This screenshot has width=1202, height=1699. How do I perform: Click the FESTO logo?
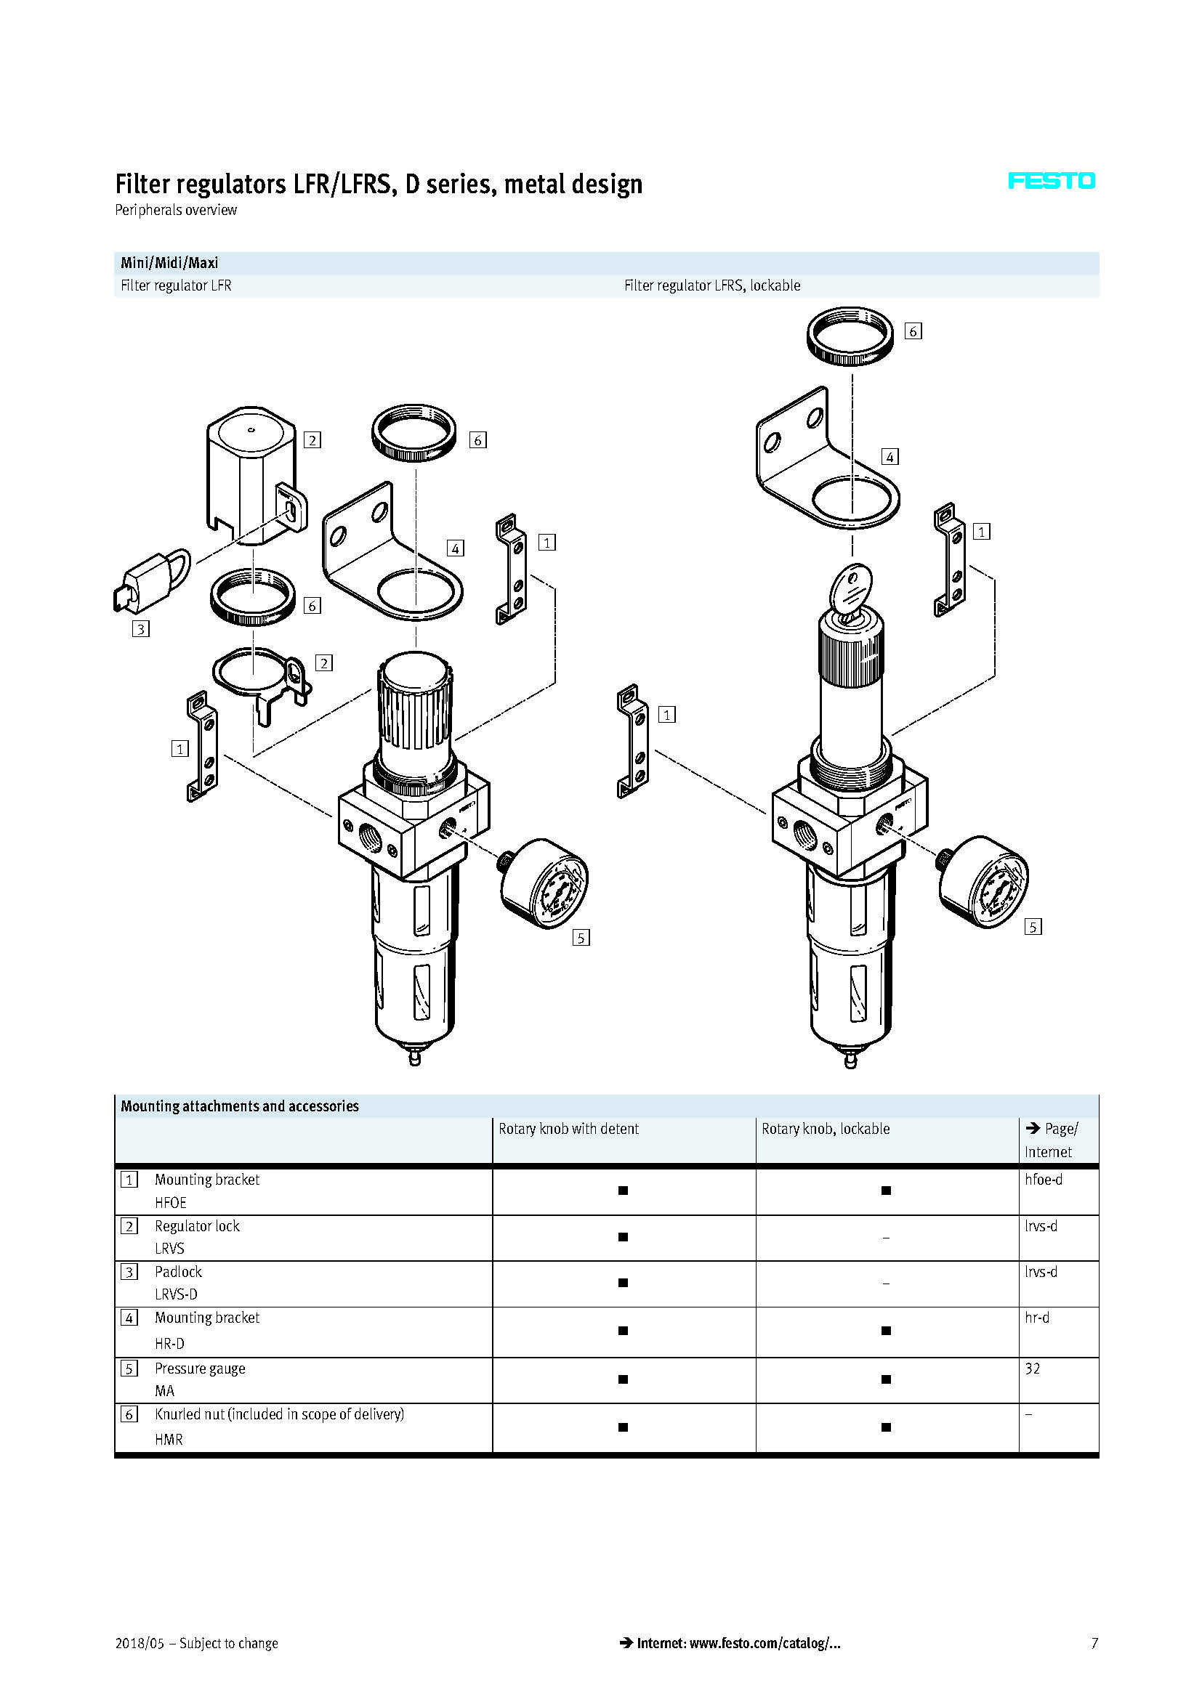click(x=1051, y=182)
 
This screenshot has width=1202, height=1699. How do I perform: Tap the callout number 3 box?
click(x=141, y=629)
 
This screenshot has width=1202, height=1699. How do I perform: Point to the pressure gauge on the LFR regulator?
click(x=545, y=883)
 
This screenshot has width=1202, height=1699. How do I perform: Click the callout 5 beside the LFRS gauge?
click(x=1033, y=926)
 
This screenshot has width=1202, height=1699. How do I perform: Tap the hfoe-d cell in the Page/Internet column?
click(x=1043, y=1180)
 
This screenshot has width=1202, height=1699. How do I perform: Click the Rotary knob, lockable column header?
click(x=826, y=1130)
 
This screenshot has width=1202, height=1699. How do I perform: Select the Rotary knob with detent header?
click(x=568, y=1130)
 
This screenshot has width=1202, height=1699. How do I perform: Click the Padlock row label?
click(x=178, y=1271)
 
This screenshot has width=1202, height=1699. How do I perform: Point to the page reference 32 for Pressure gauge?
click(x=1033, y=1368)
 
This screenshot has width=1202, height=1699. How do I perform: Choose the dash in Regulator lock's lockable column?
click(x=886, y=1237)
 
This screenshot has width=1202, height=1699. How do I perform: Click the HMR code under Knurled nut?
click(x=169, y=1439)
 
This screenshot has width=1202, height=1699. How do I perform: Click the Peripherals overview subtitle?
click(x=176, y=210)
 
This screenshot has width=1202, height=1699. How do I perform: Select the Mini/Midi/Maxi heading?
click(x=169, y=263)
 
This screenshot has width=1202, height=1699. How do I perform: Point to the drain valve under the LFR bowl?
click(x=414, y=1056)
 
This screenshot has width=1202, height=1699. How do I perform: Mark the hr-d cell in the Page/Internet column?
click(x=1037, y=1317)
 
